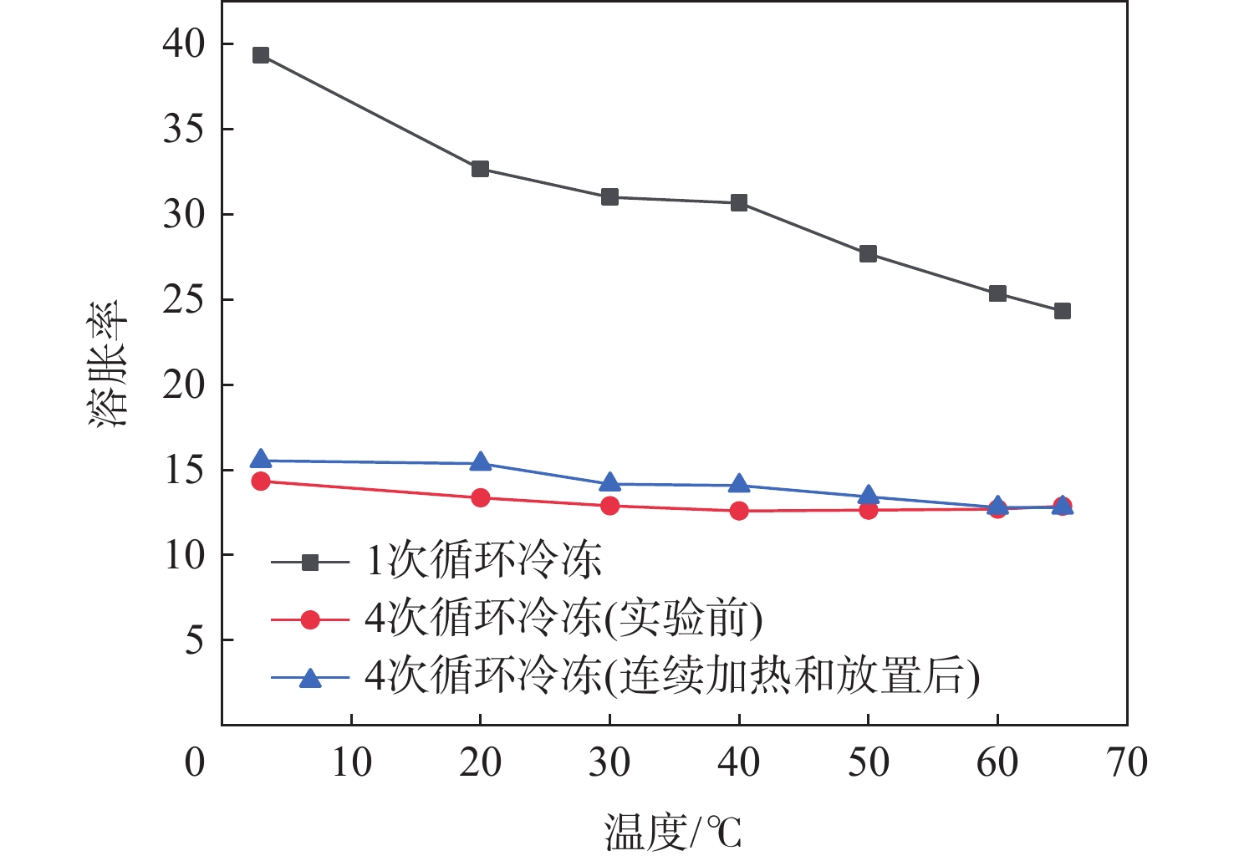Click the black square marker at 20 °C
pos(480,169)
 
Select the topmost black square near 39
pos(261,55)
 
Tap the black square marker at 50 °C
pos(868,253)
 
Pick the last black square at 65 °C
pos(1062,311)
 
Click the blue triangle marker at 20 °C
pos(480,462)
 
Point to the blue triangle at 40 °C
pos(739,484)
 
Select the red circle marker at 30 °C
pos(609,506)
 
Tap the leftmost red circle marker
pos(261,481)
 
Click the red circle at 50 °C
pos(868,510)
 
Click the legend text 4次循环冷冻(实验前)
pos(563,619)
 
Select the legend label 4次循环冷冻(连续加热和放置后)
pos(671,676)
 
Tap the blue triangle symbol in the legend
pos(310,677)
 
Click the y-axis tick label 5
pos(195,641)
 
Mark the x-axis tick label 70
pos(1126,762)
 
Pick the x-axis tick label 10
pos(351,762)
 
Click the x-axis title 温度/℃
pos(672,833)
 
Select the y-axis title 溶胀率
pos(109,364)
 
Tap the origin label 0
pos(195,762)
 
